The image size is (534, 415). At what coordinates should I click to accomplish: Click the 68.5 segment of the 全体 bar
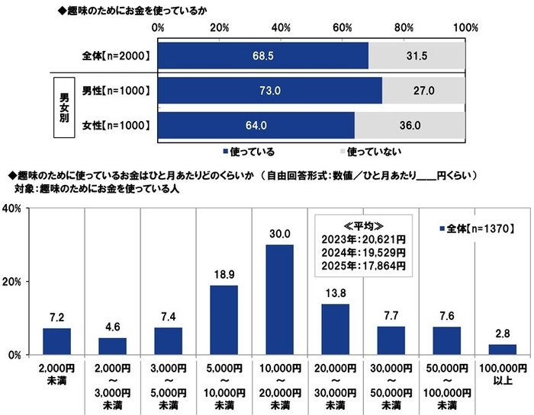tap(263, 56)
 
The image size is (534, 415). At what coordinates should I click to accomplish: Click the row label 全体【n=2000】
tap(115, 56)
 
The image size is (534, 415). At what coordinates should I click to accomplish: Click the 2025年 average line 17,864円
tap(363, 267)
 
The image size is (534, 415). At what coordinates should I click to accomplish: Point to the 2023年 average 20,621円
tap(363, 239)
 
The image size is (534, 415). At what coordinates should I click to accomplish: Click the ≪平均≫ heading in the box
tap(363, 225)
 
